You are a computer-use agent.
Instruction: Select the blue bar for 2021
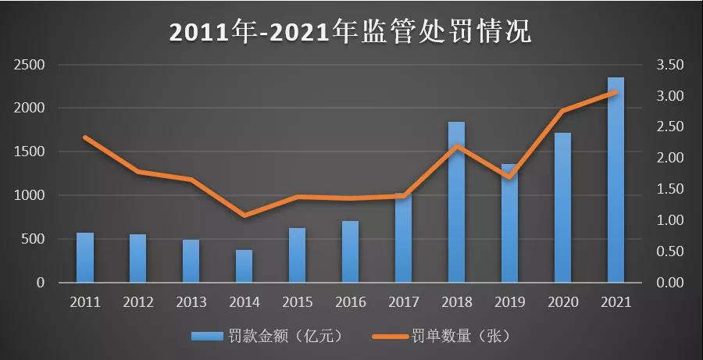[616, 180]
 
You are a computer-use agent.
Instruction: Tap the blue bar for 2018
[456, 202]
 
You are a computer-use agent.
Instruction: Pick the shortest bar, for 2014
[244, 266]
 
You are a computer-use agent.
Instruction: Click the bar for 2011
[85, 258]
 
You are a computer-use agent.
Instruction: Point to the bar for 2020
[562, 208]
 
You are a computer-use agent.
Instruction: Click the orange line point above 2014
[244, 216]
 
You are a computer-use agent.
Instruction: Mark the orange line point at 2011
[85, 137]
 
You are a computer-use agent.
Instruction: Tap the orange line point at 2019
[509, 177]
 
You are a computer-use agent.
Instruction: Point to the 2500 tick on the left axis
[30, 65]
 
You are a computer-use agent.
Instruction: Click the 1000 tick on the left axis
[30, 196]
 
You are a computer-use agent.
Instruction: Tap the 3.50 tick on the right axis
[670, 65]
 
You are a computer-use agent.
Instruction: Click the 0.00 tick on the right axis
[670, 283]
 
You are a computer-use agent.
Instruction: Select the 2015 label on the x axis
[297, 301]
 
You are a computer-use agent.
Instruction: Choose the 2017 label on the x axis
[403, 301]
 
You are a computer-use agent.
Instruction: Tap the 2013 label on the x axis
[191, 301]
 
